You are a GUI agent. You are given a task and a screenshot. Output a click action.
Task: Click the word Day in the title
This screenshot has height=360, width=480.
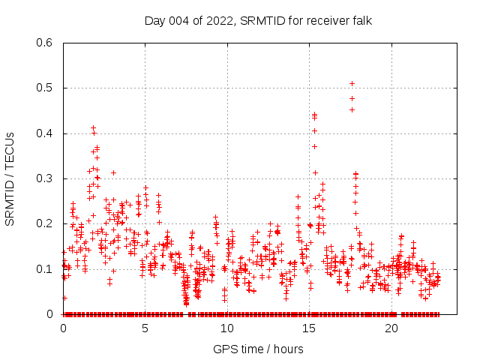pyautogui.click(x=154, y=20)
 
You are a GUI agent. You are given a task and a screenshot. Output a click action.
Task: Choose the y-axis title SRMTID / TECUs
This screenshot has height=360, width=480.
pyautogui.click(x=10, y=178)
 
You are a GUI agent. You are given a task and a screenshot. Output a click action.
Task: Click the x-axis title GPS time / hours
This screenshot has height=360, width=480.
pyautogui.click(x=258, y=349)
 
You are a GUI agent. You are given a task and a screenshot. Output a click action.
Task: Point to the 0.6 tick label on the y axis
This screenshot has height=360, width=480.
pyautogui.click(x=43, y=43)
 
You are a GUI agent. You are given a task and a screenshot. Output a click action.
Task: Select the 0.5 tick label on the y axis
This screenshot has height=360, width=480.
pyautogui.click(x=43, y=88)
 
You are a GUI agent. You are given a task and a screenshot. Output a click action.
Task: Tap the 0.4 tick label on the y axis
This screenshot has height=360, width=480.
pyautogui.click(x=43, y=133)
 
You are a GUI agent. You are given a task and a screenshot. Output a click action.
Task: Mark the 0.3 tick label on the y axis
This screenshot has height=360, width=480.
pyautogui.click(x=43, y=178)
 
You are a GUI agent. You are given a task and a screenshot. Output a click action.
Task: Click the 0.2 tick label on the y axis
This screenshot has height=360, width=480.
pyautogui.click(x=43, y=223)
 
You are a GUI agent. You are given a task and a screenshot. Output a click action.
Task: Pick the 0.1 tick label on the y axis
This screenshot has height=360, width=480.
pyautogui.click(x=43, y=268)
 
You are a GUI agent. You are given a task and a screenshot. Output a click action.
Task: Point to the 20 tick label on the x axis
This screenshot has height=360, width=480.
pyautogui.click(x=391, y=328)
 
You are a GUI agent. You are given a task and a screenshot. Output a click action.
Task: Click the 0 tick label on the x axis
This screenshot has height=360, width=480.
pyautogui.click(x=63, y=328)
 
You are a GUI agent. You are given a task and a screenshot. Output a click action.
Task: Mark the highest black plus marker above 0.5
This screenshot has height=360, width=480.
pyautogui.click(x=352, y=83)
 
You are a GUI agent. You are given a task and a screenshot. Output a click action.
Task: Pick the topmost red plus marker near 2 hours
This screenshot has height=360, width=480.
pyautogui.click(x=93, y=127)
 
